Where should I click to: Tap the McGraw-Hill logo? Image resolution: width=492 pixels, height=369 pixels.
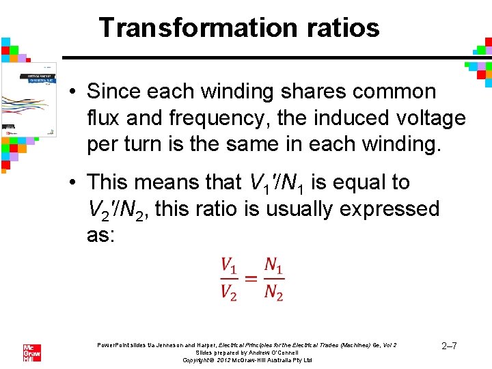32,352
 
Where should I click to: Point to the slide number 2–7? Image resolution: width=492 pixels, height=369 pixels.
449,346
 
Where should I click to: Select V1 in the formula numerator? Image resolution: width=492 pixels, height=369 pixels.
230,264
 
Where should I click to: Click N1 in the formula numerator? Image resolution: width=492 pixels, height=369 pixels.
273,264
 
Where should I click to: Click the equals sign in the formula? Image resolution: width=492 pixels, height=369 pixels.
251,278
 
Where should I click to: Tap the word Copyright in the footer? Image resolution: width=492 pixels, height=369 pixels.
202,359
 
